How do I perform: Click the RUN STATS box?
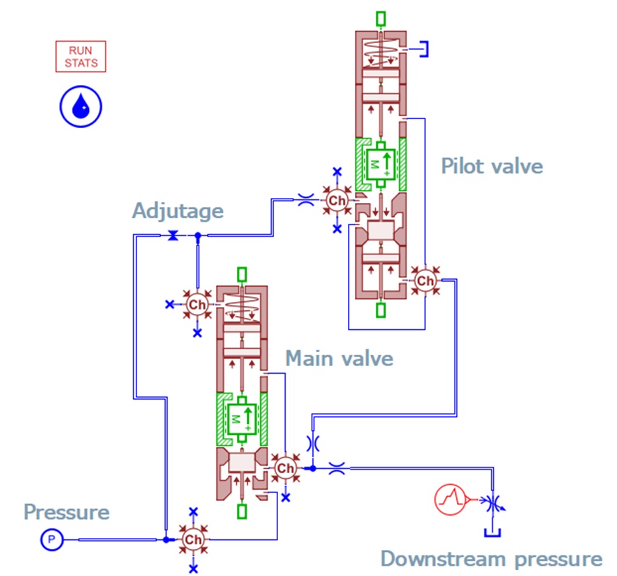(x=81, y=56)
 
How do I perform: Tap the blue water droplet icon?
(x=81, y=107)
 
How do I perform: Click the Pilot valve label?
(x=492, y=166)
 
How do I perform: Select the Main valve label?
(x=339, y=358)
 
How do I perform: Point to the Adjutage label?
(x=178, y=211)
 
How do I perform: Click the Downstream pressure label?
(x=491, y=559)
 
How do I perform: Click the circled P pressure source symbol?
(x=51, y=539)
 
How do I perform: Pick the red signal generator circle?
(x=450, y=499)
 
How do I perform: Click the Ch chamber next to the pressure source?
(x=193, y=539)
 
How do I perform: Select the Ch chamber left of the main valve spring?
(x=197, y=304)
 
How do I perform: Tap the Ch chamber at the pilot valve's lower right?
(x=425, y=281)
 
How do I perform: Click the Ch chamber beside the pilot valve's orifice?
(x=337, y=200)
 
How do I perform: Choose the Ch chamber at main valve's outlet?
(x=285, y=468)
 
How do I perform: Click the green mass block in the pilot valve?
(x=380, y=165)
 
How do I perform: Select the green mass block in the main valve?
(x=242, y=419)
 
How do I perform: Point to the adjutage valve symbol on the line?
(x=173, y=235)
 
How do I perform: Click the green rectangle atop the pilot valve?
(x=380, y=18)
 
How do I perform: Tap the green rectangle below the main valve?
(x=242, y=511)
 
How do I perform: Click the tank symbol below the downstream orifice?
(x=492, y=533)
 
